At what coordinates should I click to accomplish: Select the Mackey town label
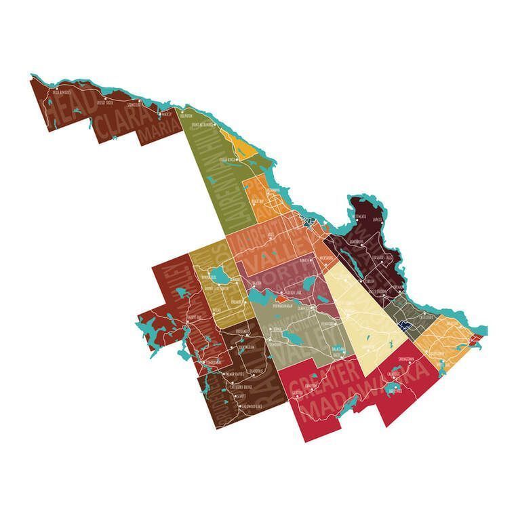coord(167,115)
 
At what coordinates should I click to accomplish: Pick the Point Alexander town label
coord(203,125)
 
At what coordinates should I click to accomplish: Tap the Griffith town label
coord(297,393)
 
